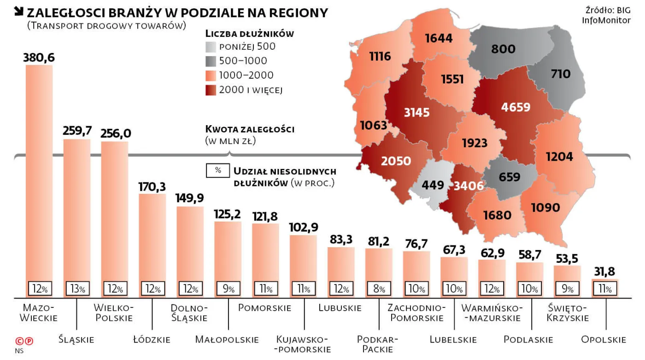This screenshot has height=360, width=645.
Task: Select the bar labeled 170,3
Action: [x=152, y=239]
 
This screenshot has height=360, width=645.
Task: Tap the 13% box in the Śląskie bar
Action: [x=77, y=289]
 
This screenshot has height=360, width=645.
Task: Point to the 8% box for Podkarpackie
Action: [x=379, y=289]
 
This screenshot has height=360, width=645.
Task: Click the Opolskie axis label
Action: [x=604, y=340]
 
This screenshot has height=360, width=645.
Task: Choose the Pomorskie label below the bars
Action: [x=264, y=308]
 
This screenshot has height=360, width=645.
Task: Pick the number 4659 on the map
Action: [x=516, y=107]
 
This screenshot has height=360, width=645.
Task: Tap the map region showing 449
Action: [x=433, y=185]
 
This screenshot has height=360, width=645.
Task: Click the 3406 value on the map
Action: [x=469, y=186]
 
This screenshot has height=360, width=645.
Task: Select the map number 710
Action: [x=561, y=74]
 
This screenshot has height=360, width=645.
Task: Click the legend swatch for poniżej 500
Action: [x=211, y=46]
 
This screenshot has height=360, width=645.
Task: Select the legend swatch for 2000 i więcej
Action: [x=211, y=90]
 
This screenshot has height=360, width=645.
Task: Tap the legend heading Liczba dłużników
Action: [x=249, y=34]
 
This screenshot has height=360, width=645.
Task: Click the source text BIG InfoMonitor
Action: [x=605, y=15]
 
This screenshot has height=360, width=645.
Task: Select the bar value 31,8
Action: [x=604, y=271]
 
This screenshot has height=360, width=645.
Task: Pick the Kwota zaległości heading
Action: [x=249, y=129]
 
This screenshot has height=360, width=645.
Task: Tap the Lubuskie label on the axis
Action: [x=340, y=308]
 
